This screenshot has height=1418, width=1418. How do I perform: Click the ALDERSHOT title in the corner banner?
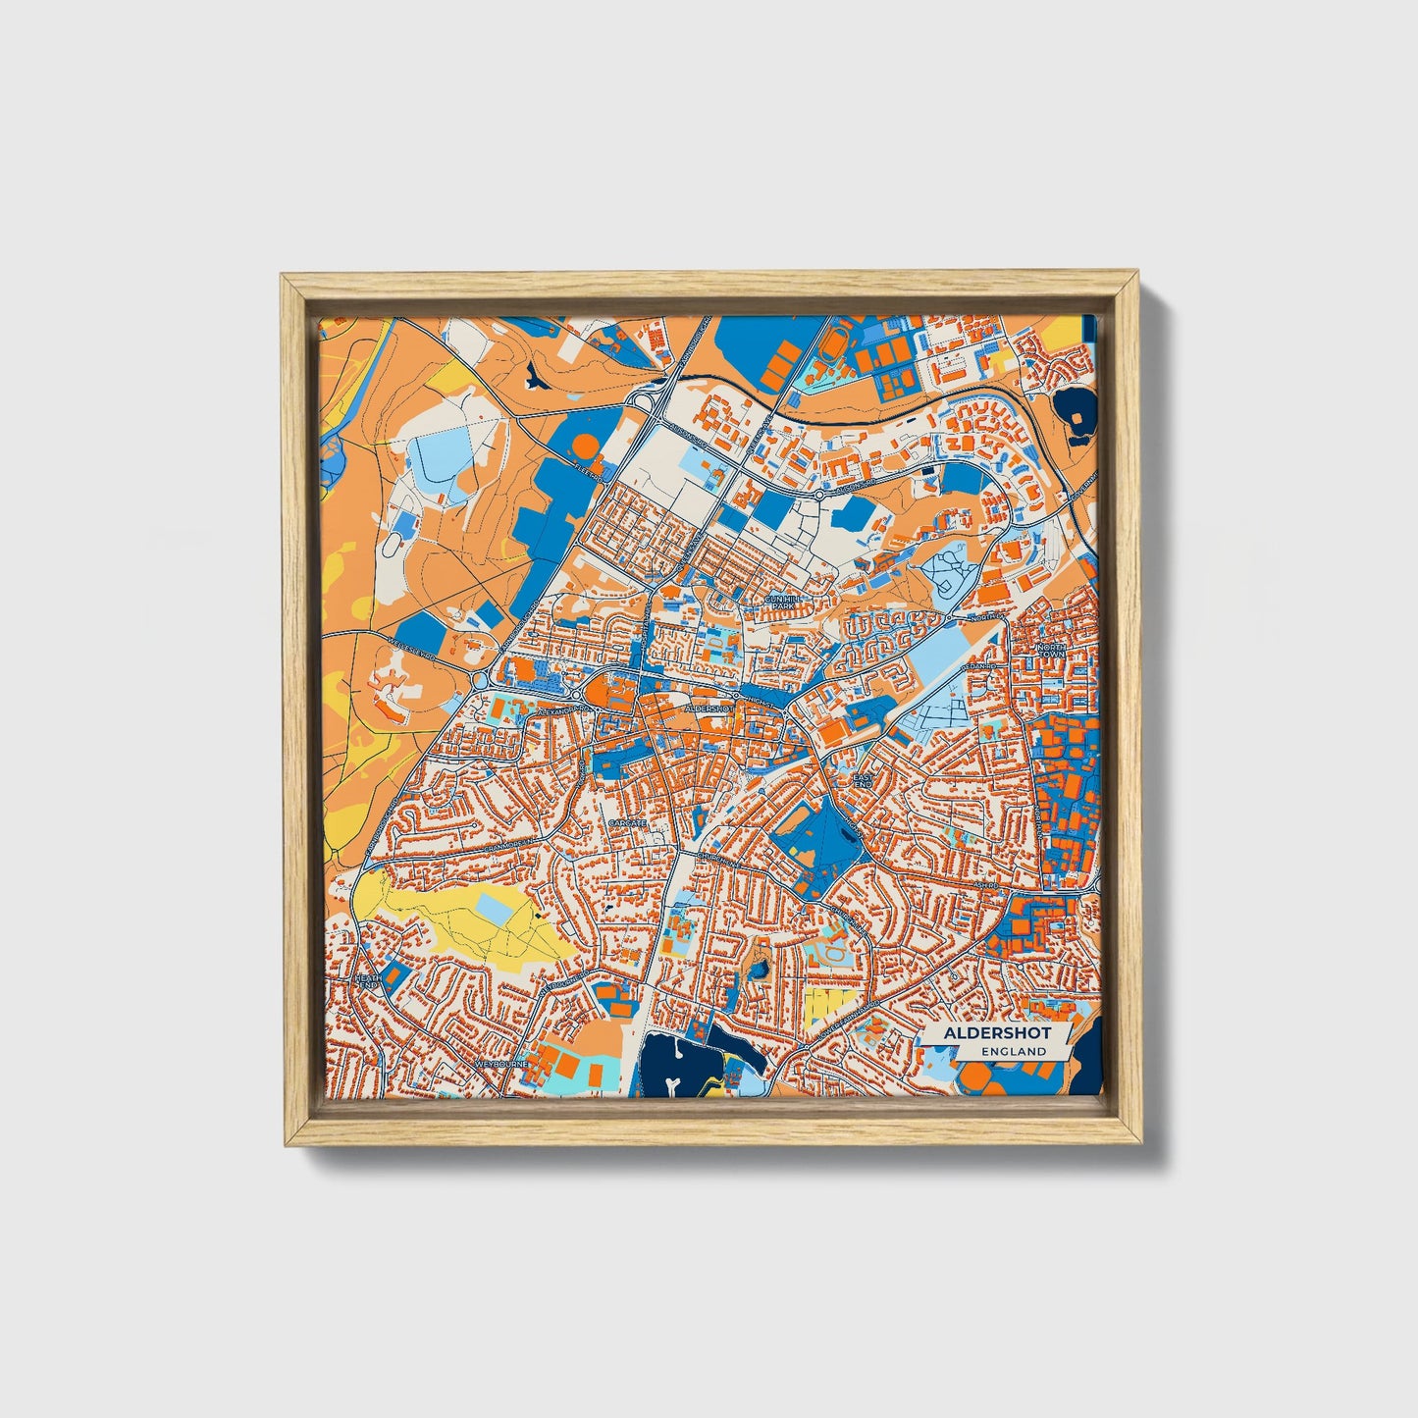(996, 1033)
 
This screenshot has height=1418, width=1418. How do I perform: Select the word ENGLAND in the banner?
(1018, 1051)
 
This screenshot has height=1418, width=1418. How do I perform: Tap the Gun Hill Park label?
(782, 602)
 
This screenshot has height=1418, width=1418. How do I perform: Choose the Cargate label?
(627, 821)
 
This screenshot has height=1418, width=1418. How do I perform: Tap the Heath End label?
(367, 982)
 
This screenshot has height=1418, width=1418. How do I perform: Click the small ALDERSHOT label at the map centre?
(709, 707)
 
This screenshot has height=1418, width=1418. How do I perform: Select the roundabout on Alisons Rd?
(820, 497)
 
